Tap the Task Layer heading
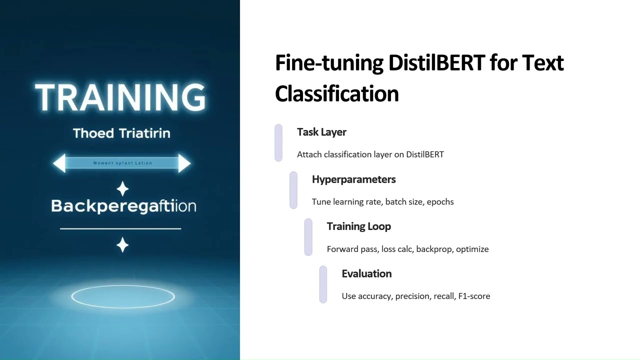[x=321, y=132]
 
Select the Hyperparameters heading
[x=353, y=179]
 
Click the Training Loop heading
[x=358, y=226]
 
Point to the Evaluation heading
[x=366, y=274]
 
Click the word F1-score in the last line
[x=474, y=296]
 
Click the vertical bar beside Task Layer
[x=278, y=143]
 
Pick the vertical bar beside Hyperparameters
[x=293, y=190]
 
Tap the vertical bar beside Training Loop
[x=308, y=237]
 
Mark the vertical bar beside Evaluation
[x=323, y=284]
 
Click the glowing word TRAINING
[x=120, y=97]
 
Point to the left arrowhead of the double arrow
[x=59, y=163]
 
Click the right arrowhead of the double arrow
[x=184, y=163]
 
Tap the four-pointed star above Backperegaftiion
[x=122, y=189]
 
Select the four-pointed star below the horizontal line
[x=122, y=245]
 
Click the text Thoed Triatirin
[x=121, y=133]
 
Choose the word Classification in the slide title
[x=336, y=94]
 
